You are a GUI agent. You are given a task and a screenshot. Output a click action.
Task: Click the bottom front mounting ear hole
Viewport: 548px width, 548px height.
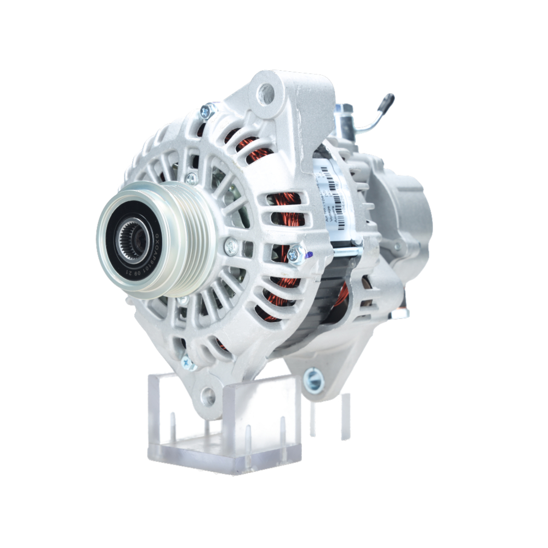pyautogui.click(x=208, y=396)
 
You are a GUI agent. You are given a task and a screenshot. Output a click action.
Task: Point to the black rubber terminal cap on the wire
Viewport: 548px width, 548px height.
pyautogui.click(x=386, y=102)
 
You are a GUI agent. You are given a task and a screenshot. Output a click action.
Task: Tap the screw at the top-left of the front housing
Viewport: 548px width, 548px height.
pyautogui.click(x=207, y=112)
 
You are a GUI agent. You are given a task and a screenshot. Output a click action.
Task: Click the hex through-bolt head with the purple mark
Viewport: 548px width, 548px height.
pyautogui.click(x=296, y=253)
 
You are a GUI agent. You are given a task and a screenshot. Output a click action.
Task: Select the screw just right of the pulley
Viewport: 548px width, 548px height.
pyautogui.click(x=231, y=246)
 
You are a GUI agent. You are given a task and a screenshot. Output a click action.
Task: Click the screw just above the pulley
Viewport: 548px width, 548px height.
pyautogui.click(x=191, y=178)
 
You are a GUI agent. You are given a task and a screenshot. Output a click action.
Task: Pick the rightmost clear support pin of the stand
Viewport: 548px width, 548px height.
pyautogui.click(x=345, y=416)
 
